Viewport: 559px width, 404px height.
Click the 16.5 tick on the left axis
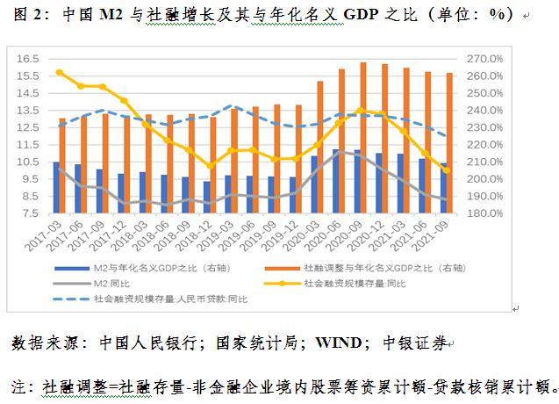point(29,58)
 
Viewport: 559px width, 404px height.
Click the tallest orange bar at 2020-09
point(362,137)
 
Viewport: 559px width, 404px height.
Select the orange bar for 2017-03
point(62,165)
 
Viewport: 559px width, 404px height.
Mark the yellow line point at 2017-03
point(59,72)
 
